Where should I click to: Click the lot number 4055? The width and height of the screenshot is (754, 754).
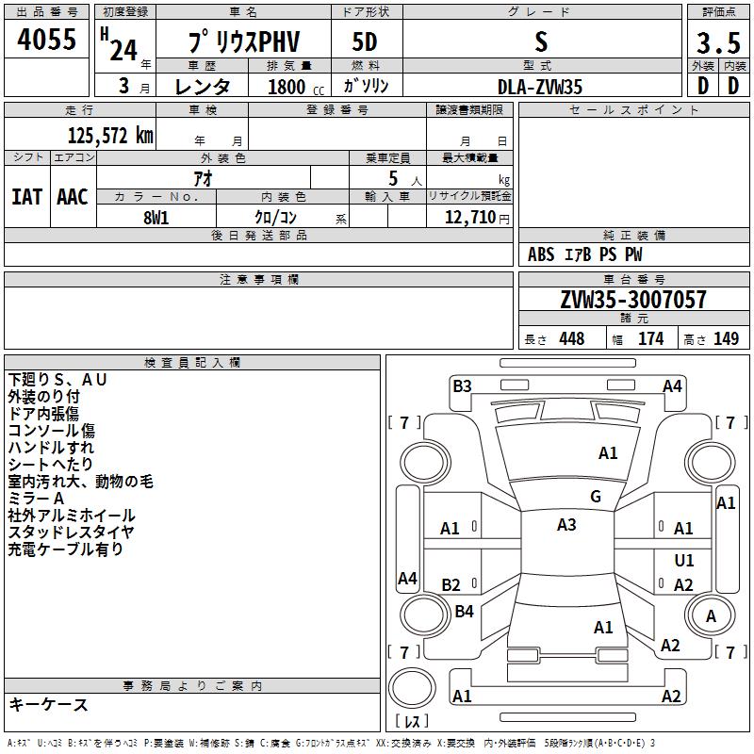pyautogui.click(x=46, y=39)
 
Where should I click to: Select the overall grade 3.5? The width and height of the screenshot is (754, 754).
pyautogui.click(x=718, y=42)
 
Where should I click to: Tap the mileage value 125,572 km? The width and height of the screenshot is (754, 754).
pyautogui.click(x=110, y=136)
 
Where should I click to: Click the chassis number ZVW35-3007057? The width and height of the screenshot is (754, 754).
pyautogui.click(x=633, y=300)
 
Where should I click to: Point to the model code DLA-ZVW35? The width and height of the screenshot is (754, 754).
pyautogui.click(x=540, y=87)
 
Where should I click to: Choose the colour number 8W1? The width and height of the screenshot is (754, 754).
pyautogui.click(x=156, y=218)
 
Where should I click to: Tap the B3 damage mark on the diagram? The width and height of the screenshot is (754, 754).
pyautogui.click(x=462, y=386)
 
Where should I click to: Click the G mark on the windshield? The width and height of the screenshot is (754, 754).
pyautogui.click(x=596, y=497)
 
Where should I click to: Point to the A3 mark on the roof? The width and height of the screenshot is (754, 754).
pyautogui.click(x=566, y=525)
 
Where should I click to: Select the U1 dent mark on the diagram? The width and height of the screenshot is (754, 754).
pyautogui.click(x=684, y=560)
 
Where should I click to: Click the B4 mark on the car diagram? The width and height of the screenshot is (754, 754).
pyautogui.click(x=464, y=611)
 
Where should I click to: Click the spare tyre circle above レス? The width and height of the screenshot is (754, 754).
pyautogui.click(x=412, y=688)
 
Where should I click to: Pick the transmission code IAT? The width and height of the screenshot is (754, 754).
pyautogui.click(x=26, y=197)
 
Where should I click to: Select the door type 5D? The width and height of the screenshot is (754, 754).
pyautogui.click(x=365, y=41)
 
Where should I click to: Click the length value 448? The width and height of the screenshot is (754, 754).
pyautogui.click(x=572, y=338)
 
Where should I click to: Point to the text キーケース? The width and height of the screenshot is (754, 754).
pyautogui.click(x=48, y=704)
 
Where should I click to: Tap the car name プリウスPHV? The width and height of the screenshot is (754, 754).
pyautogui.click(x=244, y=41)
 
